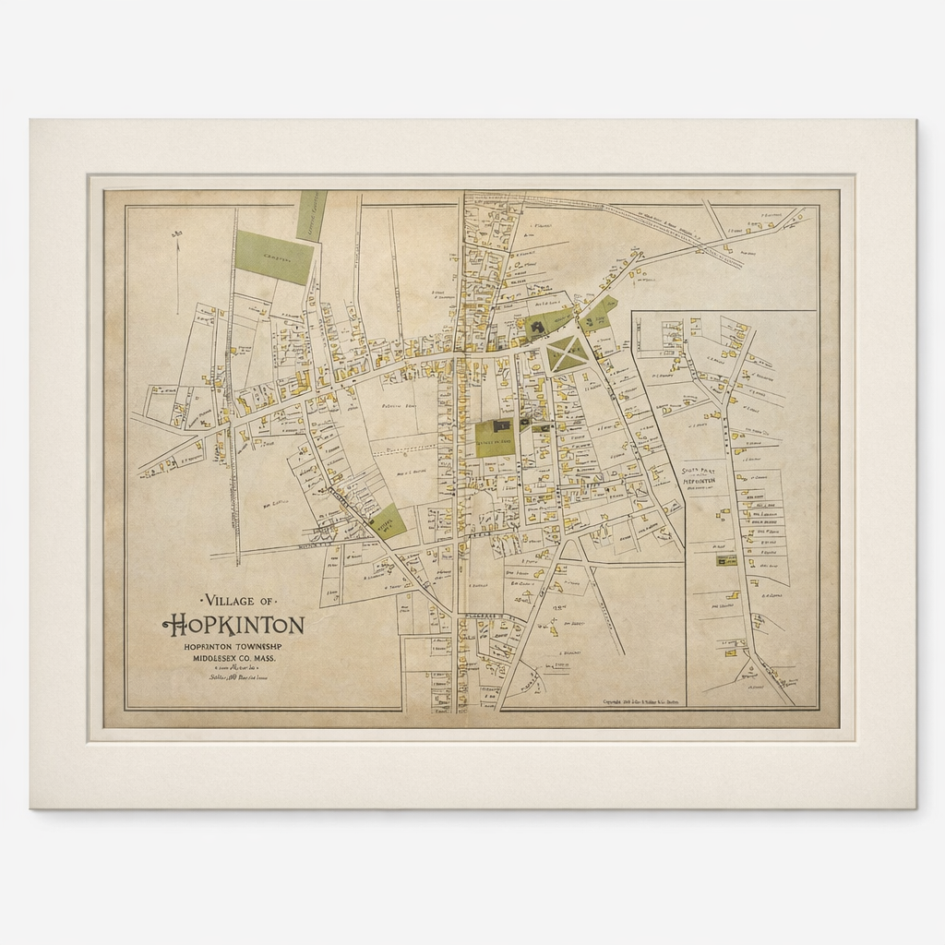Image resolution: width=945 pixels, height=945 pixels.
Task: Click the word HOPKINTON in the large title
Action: pyautogui.click(x=233, y=626)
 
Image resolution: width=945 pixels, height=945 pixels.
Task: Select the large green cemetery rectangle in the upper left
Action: pyautogui.click(x=274, y=257)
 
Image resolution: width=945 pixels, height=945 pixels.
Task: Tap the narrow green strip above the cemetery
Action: pyautogui.click(x=312, y=216)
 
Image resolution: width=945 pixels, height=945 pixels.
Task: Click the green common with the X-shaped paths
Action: pyautogui.click(x=566, y=353)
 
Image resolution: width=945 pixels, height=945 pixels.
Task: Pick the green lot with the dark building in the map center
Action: pyautogui.click(x=495, y=437)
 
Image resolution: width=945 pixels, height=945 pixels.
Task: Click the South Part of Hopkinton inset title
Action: pyautogui.click(x=700, y=477)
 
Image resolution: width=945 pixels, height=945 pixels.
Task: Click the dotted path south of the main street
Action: pyautogui.click(x=406, y=451)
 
